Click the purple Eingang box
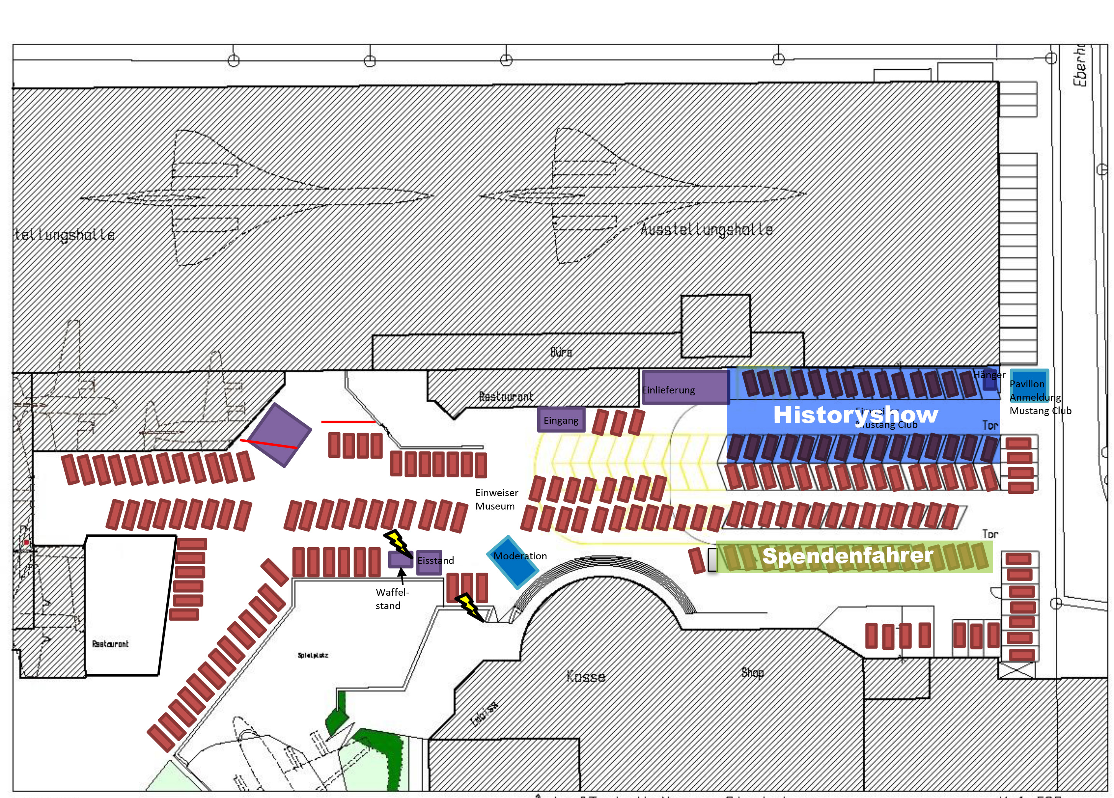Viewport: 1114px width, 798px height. click(561, 420)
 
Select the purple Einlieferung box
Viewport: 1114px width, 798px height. click(685, 387)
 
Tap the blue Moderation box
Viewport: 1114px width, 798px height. click(513, 561)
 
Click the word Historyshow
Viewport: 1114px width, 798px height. click(856, 415)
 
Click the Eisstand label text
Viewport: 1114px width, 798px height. click(436, 560)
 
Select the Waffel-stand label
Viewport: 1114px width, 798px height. click(392, 599)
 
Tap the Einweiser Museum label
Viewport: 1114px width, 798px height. click(496, 499)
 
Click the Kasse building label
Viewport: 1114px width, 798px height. click(586, 676)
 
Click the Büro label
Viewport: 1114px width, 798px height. click(561, 352)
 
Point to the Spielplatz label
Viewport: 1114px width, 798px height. click(313, 655)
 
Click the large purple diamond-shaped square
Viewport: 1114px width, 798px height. click(279, 434)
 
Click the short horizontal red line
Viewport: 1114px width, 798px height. click(348, 422)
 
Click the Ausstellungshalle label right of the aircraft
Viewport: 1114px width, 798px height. click(706, 230)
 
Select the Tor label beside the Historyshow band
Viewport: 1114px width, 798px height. click(990, 425)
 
